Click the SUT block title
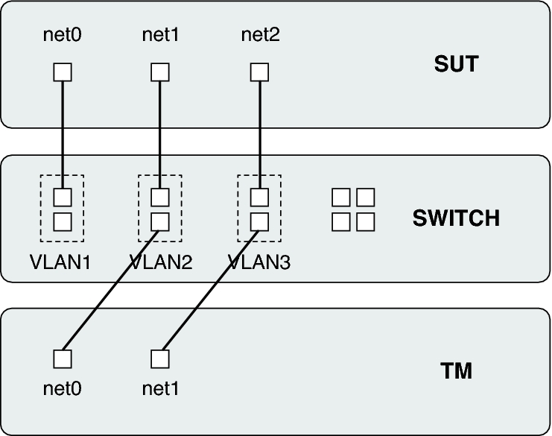coord(456,64)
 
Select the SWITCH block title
coord(456,218)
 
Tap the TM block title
coord(456,370)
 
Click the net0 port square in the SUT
coord(63,72)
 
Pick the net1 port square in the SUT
coord(160,72)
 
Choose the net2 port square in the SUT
coord(258,72)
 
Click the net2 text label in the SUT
coord(261,34)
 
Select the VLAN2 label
coord(161,262)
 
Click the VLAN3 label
coord(259,262)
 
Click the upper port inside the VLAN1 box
coord(63,198)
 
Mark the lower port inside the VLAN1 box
coord(63,221)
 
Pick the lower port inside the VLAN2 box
coord(160,221)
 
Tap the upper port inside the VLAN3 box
coord(258,198)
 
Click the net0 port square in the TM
coord(63,358)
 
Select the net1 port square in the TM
coord(160,358)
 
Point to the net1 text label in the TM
coord(161,388)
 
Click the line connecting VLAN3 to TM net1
coord(210,289)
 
